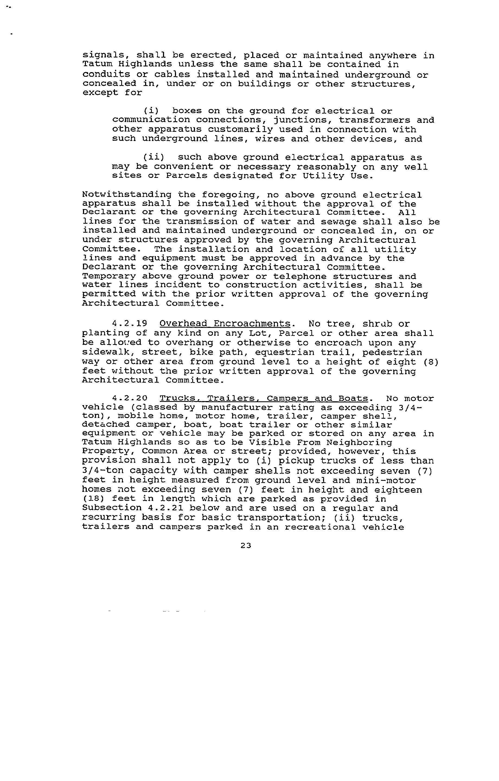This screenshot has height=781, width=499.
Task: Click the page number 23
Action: click(x=246, y=546)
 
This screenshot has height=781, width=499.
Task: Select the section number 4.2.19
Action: click(x=129, y=324)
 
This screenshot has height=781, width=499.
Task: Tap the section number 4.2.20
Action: click(x=129, y=398)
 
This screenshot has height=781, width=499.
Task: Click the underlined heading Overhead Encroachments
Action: click(x=225, y=324)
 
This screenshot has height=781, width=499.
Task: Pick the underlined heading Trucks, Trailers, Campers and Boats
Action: click(x=264, y=398)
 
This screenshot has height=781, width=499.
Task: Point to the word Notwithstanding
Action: click(x=127, y=195)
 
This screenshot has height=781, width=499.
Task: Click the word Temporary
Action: click(x=109, y=276)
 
